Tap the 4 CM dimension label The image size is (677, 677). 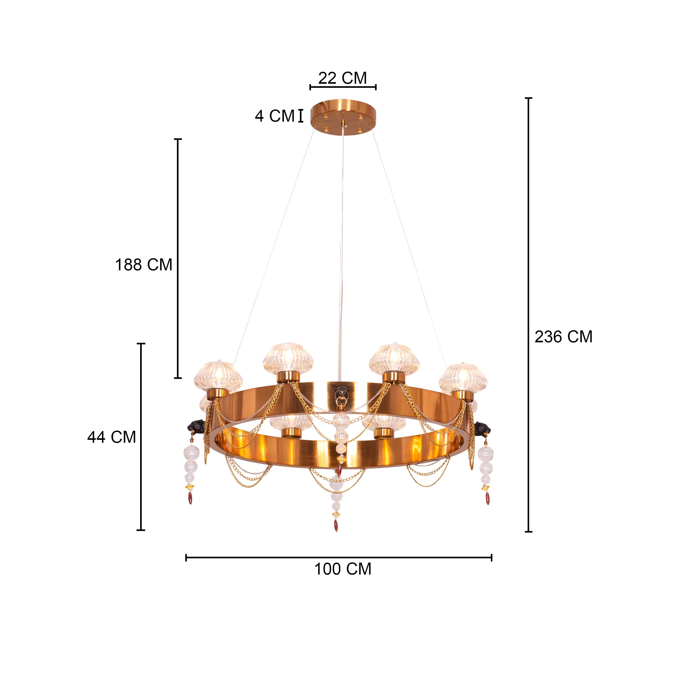(275, 116)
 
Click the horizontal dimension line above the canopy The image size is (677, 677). (343, 87)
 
